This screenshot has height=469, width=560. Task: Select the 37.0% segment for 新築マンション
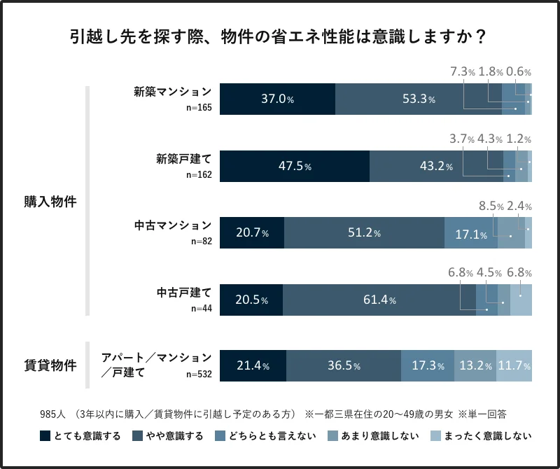point(277,99)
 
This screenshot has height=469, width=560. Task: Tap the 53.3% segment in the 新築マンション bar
point(419,99)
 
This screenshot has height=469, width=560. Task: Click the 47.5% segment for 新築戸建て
point(294,166)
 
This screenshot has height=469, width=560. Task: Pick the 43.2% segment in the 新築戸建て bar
point(436,166)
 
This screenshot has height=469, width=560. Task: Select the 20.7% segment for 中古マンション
point(252,233)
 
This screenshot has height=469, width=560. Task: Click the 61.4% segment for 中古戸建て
point(379,300)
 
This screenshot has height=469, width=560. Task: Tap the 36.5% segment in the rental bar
point(343,366)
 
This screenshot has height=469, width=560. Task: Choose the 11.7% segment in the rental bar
point(514,366)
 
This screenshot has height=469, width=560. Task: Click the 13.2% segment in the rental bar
point(476,366)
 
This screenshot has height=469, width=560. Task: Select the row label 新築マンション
point(173,92)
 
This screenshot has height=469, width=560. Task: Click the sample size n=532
point(199,374)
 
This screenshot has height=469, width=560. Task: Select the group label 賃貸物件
point(50,365)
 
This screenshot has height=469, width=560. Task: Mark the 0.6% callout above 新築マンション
point(519,71)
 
